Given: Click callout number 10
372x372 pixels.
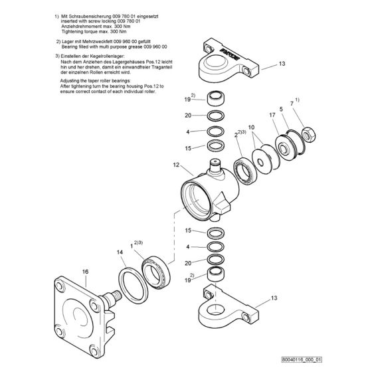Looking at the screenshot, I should (x=250, y=126).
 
